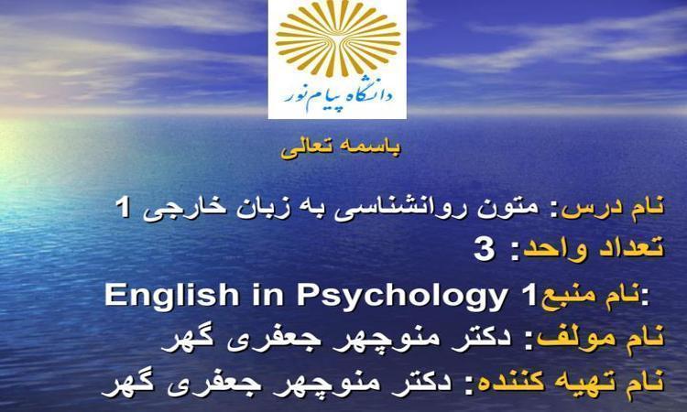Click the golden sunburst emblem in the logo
click(x=337, y=38)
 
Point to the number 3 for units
click(x=485, y=251)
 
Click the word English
click(x=172, y=296)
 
